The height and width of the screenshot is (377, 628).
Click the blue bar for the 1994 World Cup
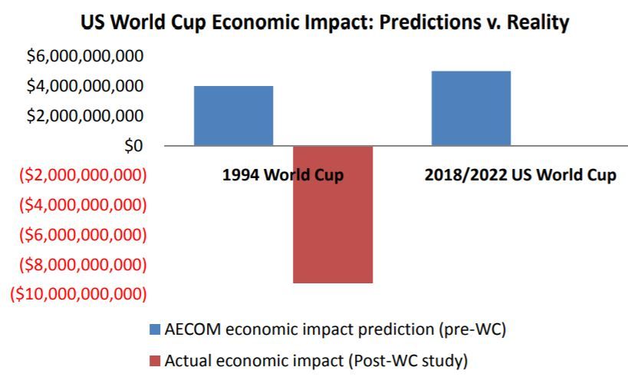234,115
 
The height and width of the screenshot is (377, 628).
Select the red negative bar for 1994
333,214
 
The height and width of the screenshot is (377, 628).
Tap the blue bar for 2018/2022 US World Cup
471,108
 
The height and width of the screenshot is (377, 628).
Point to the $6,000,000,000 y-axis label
85,56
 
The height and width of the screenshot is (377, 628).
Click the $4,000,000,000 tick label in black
85,86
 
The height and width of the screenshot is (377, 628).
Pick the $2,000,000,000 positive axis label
85,115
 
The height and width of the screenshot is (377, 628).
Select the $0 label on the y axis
133,146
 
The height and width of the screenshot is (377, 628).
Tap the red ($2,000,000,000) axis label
83,175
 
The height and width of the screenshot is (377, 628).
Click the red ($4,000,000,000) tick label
83,205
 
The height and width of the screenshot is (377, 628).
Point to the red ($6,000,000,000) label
83,235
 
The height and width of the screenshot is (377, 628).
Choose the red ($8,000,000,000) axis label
83,265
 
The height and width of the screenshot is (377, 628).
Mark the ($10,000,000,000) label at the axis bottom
78,294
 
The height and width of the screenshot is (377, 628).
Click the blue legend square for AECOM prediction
155,329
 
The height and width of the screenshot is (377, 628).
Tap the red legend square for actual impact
155,361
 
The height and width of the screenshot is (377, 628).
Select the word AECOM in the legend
192,329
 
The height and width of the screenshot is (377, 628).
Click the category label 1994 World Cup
283,175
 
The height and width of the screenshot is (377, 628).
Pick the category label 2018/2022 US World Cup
520,175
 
